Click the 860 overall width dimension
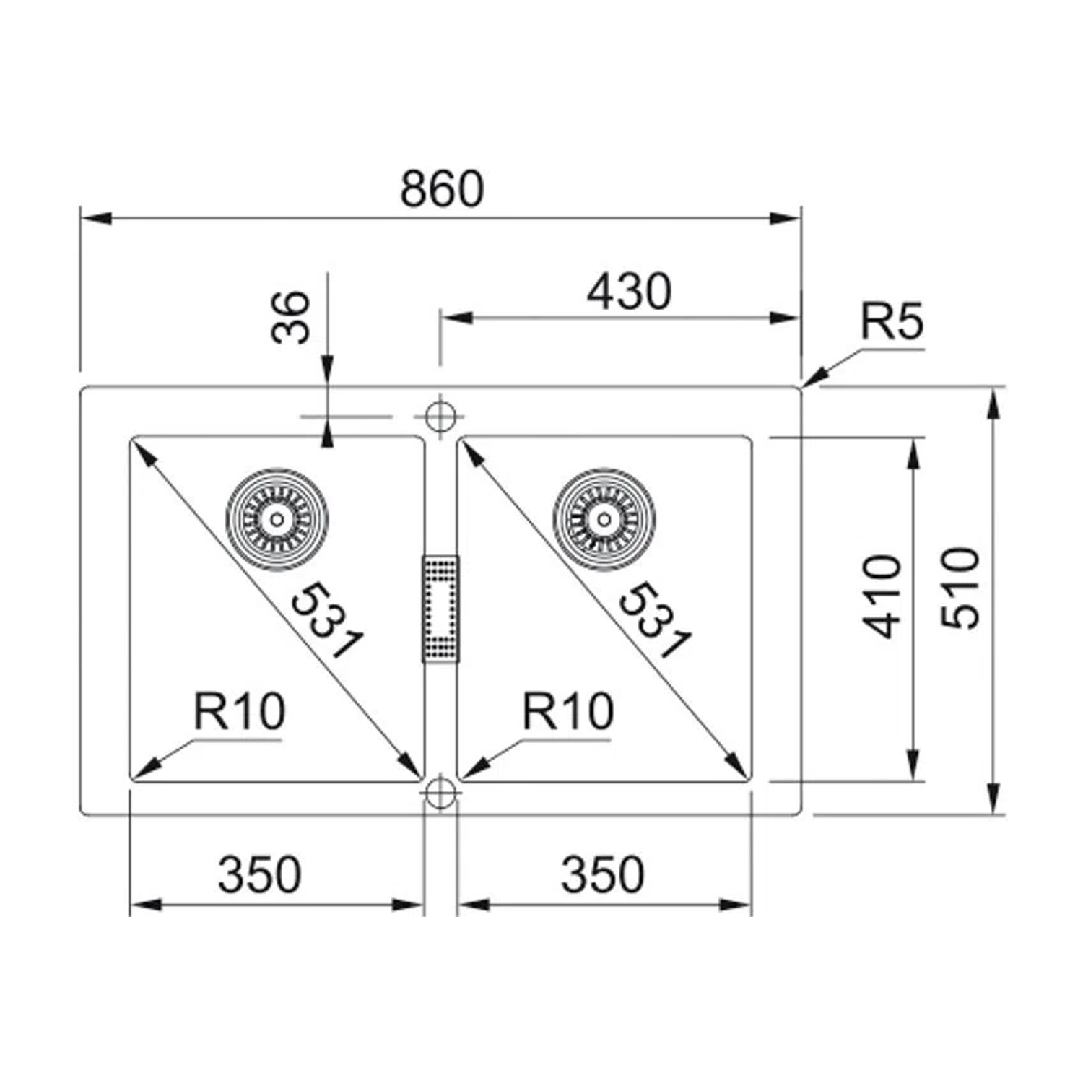[x=442, y=189]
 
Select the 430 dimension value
[x=629, y=292]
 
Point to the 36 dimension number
[x=291, y=317]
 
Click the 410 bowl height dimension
[x=883, y=596]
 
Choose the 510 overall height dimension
[x=961, y=588]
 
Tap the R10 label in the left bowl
[x=240, y=711]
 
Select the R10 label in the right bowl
[x=568, y=711]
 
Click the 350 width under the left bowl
[x=259, y=874]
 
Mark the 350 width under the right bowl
[x=602, y=874]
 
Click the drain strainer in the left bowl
[x=277, y=518]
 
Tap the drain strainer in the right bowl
[x=604, y=518]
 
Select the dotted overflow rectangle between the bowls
[x=440, y=609]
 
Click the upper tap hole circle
[x=439, y=417]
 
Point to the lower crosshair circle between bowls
[x=439, y=793]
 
